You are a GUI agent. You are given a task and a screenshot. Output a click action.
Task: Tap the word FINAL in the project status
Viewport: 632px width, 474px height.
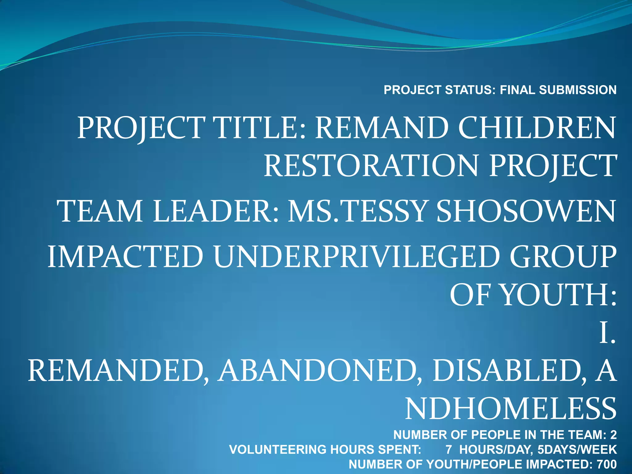click(x=518, y=90)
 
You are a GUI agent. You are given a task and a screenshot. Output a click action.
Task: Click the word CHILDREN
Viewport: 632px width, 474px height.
click(x=537, y=128)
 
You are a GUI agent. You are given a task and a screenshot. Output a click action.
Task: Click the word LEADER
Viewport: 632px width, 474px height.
click(x=216, y=211)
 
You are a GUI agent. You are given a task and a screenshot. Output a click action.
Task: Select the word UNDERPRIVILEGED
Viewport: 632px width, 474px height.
click(x=356, y=257)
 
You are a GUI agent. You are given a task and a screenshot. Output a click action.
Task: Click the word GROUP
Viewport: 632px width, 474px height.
click(x=563, y=257)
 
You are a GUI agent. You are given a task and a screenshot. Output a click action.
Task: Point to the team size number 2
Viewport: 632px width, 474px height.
click(x=613, y=435)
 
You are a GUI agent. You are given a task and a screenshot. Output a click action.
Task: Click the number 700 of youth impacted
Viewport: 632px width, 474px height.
click(x=606, y=464)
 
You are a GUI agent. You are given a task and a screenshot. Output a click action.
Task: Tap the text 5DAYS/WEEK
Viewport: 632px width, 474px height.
click(x=577, y=450)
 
